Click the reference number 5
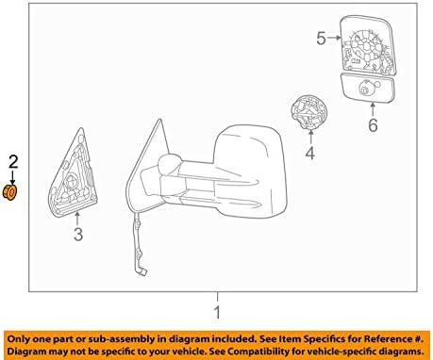(320, 39)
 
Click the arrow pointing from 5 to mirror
(336, 39)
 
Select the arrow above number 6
(372, 109)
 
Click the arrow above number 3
(79, 218)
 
